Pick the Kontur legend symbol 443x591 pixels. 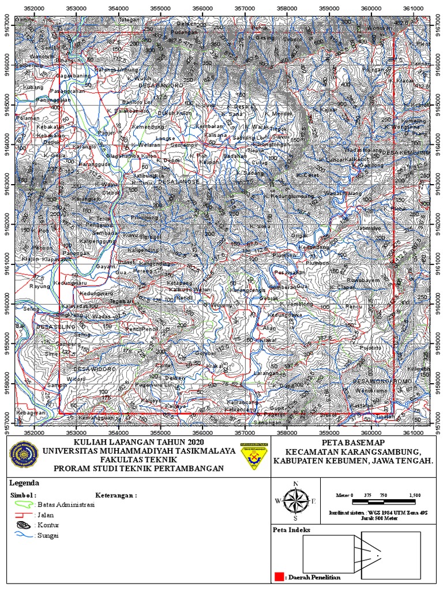23,525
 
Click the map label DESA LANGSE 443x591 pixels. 179,181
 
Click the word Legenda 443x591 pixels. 24,483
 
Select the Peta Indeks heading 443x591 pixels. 292,529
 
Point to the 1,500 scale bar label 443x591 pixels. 414,495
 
